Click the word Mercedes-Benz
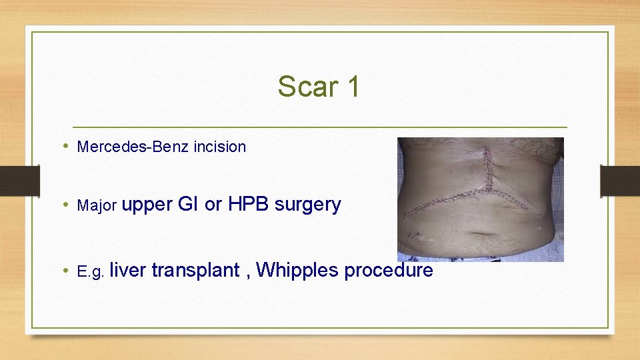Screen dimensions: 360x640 click(133, 147)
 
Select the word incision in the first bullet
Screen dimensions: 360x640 click(219, 147)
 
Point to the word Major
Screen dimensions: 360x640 click(97, 205)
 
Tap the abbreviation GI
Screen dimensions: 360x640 click(189, 204)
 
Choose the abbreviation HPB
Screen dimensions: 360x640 click(249, 204)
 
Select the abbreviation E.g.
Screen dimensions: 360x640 click(91, 271)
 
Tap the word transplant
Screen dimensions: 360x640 click(195, 271)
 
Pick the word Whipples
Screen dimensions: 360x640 click(295, 271)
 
